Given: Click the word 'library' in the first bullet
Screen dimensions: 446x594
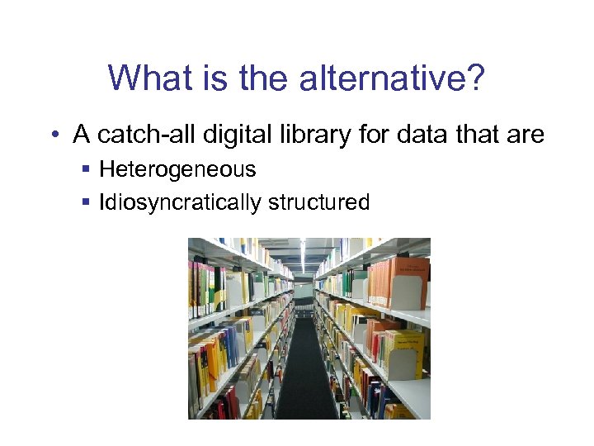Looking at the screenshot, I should click(305, 134).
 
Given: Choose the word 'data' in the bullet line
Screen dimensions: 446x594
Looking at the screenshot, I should click(419, 134).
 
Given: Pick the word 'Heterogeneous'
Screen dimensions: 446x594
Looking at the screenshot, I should click(177, 170).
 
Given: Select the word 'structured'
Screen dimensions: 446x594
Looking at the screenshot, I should click(325, 202).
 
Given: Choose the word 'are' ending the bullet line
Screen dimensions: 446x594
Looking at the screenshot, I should click(526, 134).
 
